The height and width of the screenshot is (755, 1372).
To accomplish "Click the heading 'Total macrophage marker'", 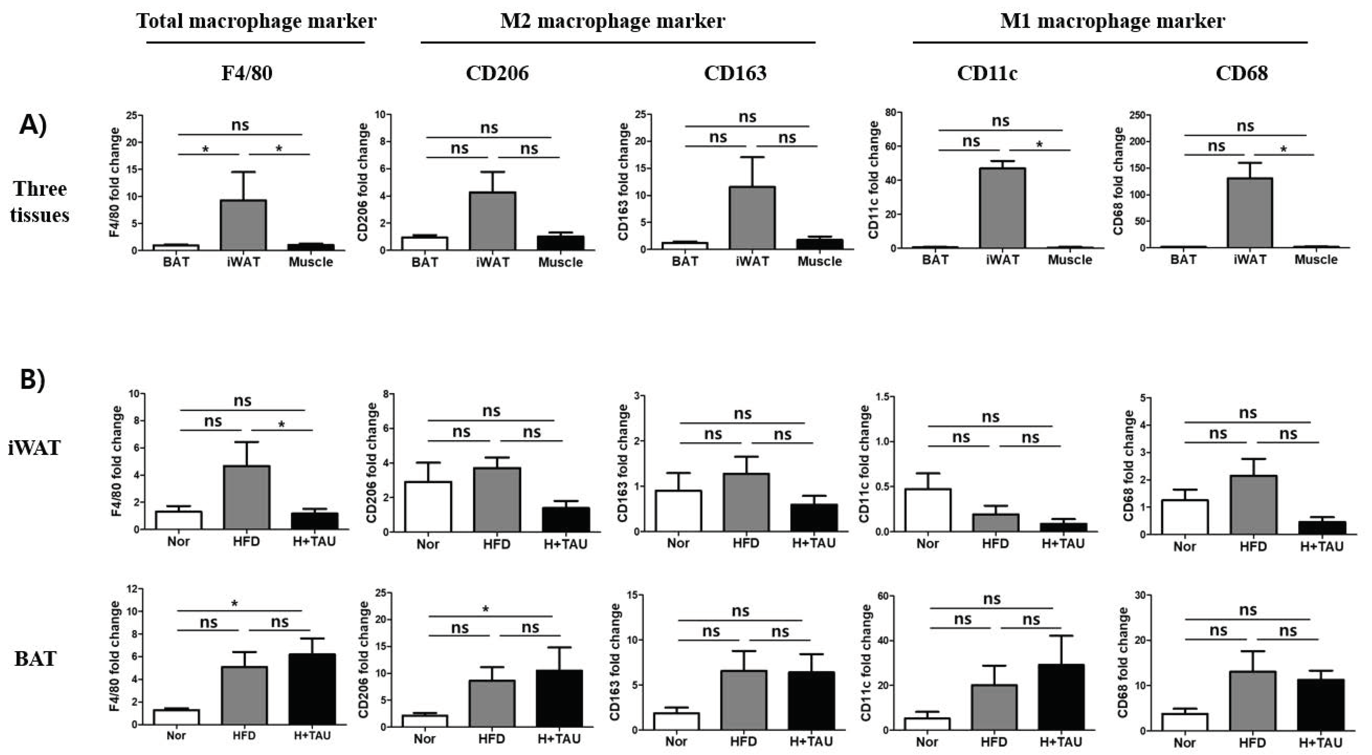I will click(256, 21).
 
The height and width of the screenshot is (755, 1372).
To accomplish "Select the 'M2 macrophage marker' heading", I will click(612, 21).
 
